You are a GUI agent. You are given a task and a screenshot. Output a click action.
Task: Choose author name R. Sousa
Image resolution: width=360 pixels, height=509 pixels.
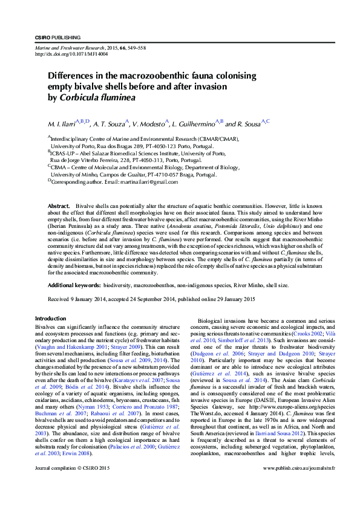pos(247,124)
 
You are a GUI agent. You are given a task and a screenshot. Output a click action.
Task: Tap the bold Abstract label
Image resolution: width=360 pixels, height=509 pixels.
pos(59,207)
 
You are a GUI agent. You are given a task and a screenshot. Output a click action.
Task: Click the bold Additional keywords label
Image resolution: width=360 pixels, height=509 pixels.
pos(74,284)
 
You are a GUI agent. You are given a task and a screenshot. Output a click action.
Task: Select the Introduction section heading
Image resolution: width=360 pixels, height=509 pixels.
pos(51,319)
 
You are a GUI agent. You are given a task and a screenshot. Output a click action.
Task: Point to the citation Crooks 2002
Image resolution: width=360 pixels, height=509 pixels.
pos(308,334)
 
